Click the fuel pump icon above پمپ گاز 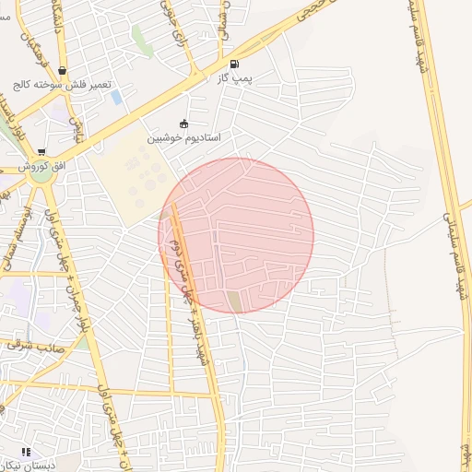click(233, 65)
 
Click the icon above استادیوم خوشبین click(184, 124)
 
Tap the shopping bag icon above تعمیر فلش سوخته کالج click(62, 70)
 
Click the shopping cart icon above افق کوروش click(41, 152)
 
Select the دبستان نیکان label click(28, 466)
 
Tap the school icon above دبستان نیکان click(25, 452)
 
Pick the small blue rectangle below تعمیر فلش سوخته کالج click(116, 97)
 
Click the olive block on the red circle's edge click(235, 301)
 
